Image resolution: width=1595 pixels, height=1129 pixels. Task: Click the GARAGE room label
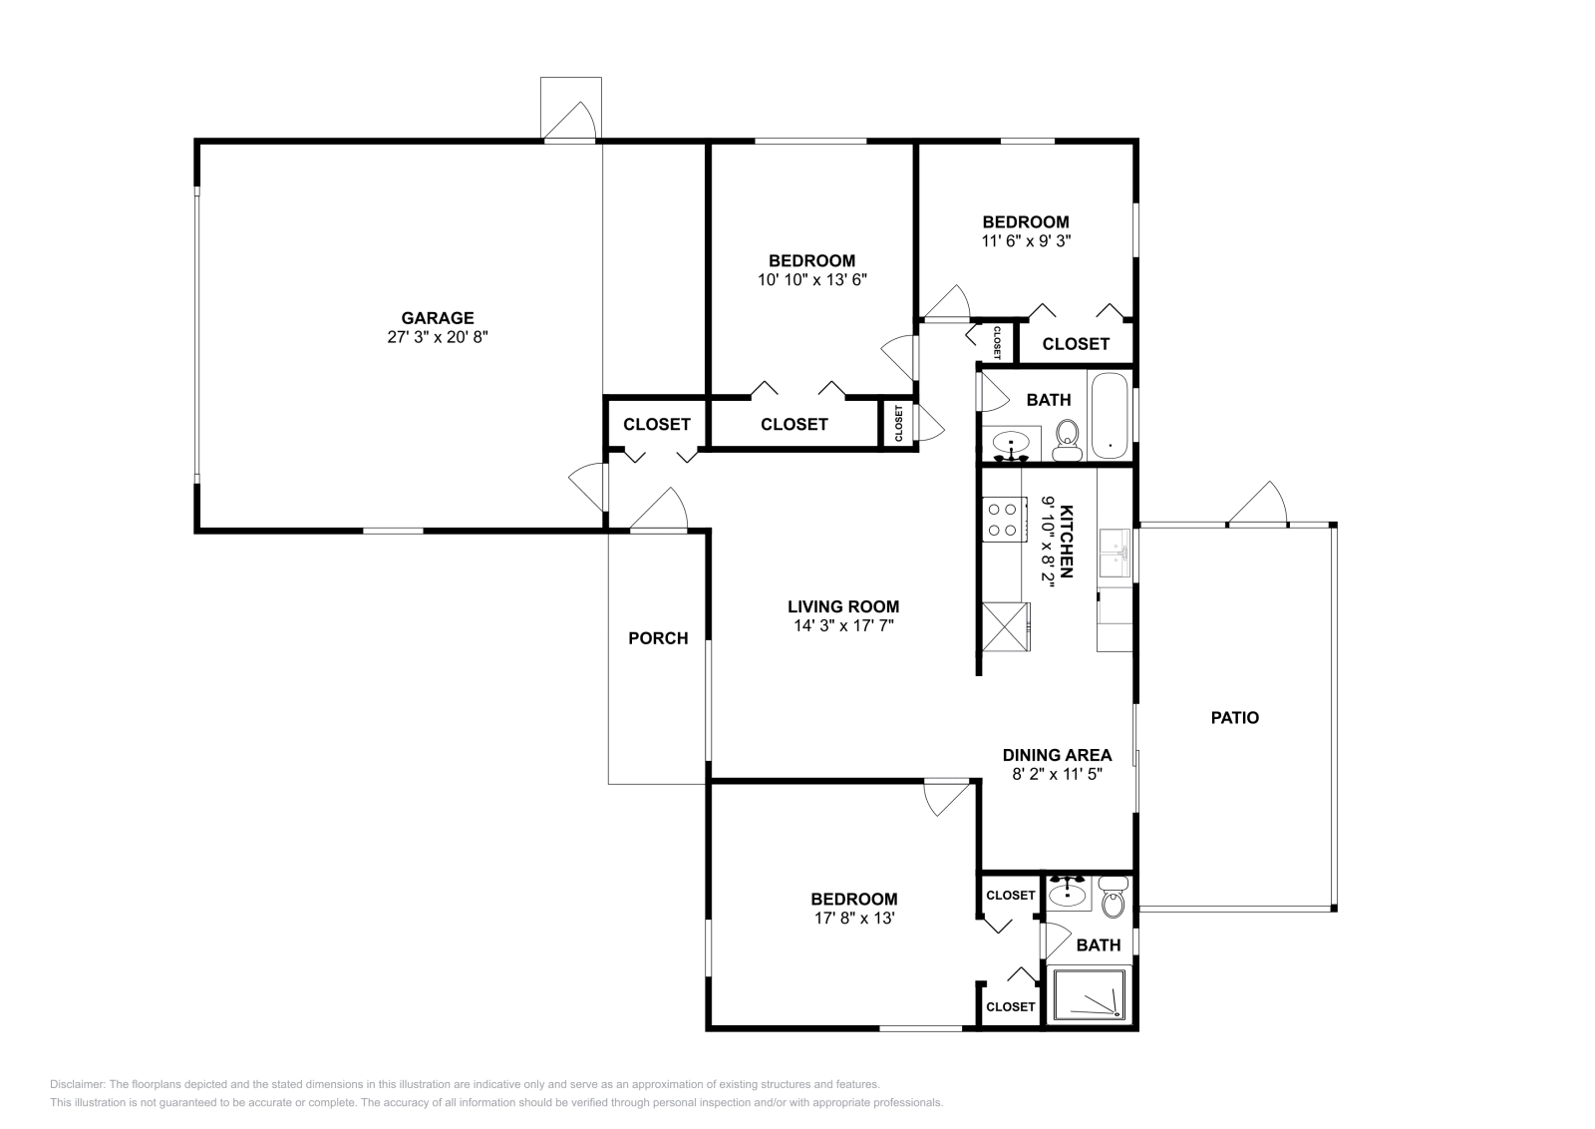437,318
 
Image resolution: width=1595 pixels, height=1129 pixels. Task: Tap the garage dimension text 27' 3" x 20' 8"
437,337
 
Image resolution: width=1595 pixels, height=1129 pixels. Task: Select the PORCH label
658,638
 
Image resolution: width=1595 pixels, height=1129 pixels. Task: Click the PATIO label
1234,717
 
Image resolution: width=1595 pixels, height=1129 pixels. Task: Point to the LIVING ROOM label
843,606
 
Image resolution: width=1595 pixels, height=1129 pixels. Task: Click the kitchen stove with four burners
1004,519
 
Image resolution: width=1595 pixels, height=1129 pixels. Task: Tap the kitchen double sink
1115,554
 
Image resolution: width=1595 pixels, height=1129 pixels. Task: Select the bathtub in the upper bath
1109,415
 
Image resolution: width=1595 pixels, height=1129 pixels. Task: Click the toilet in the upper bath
1068,439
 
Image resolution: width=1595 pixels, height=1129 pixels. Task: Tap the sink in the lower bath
1069,893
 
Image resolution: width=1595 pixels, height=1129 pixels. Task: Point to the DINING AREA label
1057,755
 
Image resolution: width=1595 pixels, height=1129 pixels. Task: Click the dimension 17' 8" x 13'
853,918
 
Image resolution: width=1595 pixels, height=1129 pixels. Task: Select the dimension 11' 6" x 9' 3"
1026,240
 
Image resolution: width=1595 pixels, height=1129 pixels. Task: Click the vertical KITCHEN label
1066,542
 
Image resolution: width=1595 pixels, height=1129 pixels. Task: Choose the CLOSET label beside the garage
656,424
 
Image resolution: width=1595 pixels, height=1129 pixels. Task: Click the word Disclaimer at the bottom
76,1084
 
